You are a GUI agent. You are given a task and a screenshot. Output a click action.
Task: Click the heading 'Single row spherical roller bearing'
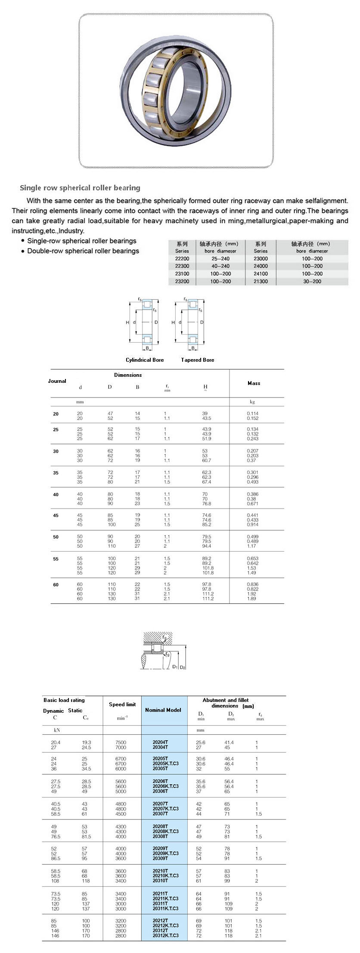click(80, 188)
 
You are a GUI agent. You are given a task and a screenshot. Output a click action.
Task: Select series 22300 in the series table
click(182, 266)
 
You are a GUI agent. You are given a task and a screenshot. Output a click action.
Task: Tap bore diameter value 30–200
click(312, 281)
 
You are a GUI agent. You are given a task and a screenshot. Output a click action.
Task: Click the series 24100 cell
click(261, 274)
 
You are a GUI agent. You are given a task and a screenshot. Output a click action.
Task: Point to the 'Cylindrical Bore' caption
click(145, 360)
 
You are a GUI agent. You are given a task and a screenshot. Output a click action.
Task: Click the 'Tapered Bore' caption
click(197, 360)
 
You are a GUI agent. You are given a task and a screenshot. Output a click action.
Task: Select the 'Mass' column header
click(254, 383)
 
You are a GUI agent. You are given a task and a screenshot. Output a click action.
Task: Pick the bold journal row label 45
click(56, 515)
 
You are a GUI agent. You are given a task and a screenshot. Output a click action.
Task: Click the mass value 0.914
click(253, 525)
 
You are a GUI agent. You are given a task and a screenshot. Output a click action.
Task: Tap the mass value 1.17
click(251, 546)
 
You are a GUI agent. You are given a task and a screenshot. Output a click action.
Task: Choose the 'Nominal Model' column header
click(163, 710)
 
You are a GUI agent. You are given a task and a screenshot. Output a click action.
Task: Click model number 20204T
click(160, 742)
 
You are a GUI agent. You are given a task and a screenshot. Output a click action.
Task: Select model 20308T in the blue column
click(160, 836)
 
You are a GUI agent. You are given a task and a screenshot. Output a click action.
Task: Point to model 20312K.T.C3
click(165, 935)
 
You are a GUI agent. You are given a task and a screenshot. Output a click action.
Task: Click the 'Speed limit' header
click(122, 705)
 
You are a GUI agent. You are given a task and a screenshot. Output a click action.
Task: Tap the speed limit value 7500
click(121, 742)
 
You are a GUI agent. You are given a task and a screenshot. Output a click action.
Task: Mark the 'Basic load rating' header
click(64, 700)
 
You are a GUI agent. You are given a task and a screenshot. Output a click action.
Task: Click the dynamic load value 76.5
click(56, 837)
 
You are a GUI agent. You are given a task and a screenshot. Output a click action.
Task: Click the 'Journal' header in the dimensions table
click(57, 381)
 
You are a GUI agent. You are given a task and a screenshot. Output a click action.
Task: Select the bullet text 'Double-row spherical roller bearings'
click(83, 251)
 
